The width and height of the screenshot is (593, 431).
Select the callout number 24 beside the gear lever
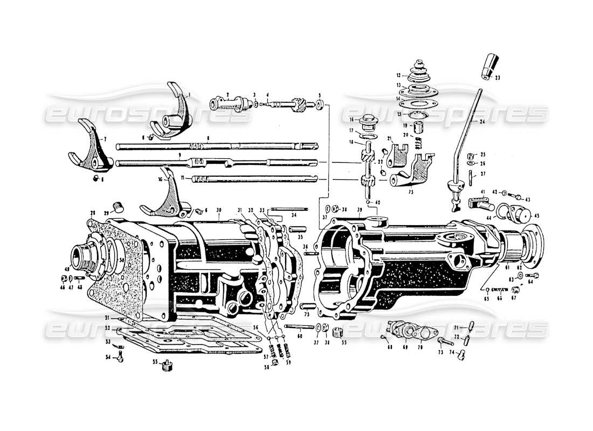coord(497,122)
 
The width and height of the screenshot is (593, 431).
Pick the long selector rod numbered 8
coord(216,145)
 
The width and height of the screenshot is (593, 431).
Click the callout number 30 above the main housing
coord(219,210)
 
